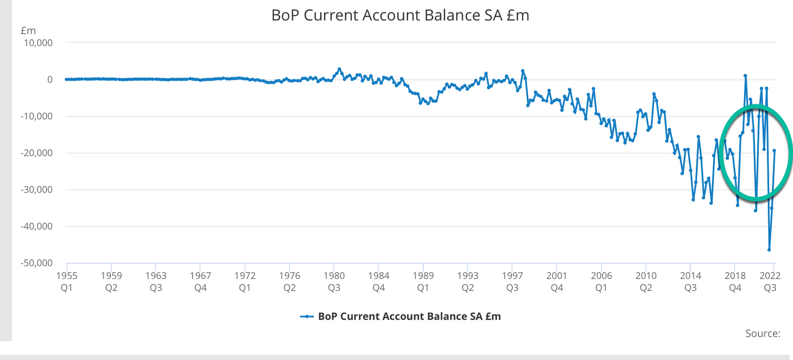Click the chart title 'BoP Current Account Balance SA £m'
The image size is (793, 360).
click(400, 15)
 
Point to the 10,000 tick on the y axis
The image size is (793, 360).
click(38, 43)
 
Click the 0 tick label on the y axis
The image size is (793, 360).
click(50, 80)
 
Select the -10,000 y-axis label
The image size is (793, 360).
click(36, 116)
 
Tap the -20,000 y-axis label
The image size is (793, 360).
click(36, 153)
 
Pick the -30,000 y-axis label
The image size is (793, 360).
click(36, 190)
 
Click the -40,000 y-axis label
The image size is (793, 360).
click(36, 226)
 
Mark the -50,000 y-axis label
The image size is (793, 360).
click(36, 263)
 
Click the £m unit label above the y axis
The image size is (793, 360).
click(28, 31)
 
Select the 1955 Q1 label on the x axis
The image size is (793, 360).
click(67, 280)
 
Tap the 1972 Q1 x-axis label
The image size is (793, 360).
click(245, 280)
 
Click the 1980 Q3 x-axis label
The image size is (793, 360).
click(334, 280)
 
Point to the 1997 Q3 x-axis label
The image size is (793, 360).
click(512, 280)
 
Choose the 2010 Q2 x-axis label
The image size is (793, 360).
click(645, 280)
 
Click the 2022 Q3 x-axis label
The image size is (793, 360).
click(770, 280)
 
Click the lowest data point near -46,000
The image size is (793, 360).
click(769, 250)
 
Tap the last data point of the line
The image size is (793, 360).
click(774, 150)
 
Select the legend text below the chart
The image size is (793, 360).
click(409, 316)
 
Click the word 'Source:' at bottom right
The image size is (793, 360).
click(763, 334)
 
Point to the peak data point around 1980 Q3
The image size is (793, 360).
click(339, 69)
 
